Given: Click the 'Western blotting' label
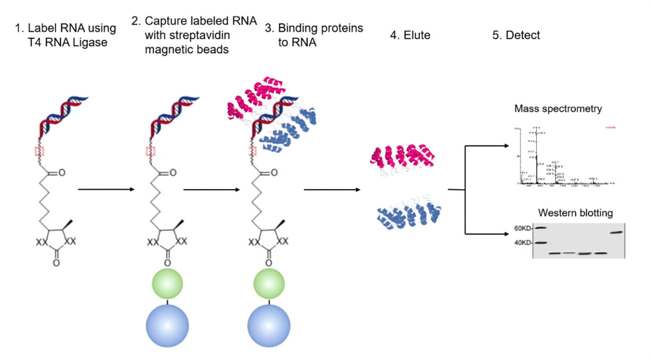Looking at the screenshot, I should pyautogui.click(x=575, y=213).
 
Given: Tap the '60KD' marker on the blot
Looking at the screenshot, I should pyautogui.click(x=523, y=228).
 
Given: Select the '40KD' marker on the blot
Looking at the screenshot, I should pyautogui.click(x=523, y=243).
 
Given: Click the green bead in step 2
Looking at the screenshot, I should pyautogui.click(x=167, y=283).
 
